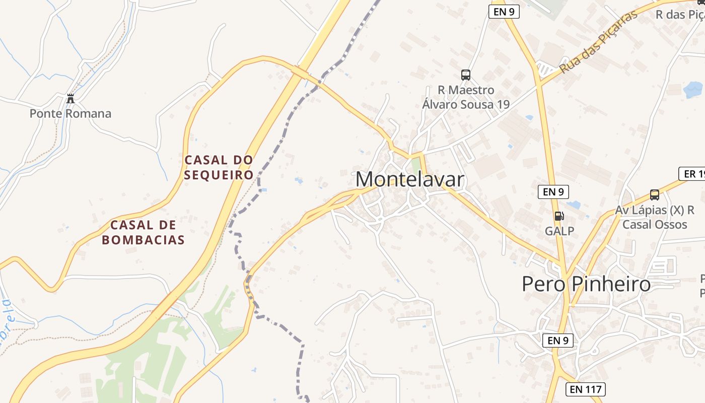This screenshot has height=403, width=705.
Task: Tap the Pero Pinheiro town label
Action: [x=586, y=284]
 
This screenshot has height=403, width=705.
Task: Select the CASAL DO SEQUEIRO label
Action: [x=219, y=167]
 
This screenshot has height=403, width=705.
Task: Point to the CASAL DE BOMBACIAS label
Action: [x=143, y=232]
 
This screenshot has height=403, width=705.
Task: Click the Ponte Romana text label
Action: [x=70, y=114]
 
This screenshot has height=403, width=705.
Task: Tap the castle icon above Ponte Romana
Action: [x=70, y=98]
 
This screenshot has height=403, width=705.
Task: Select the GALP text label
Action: [x=559, y=231]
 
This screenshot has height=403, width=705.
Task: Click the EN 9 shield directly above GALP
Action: [x=553, y=192]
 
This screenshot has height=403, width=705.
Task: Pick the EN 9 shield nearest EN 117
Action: [x=557, y=341]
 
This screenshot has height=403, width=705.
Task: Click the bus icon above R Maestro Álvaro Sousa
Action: [x=466, y=75]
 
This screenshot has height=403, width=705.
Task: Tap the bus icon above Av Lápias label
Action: [x=655, y=194]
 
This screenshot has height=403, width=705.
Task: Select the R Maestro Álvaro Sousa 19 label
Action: [x=466, y=97]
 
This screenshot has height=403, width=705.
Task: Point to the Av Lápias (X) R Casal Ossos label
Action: [x=655, y=217]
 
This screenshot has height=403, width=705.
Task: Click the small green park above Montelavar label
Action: [x=415, y=165]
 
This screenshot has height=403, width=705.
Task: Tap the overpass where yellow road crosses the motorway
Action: [x=302, y=74]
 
